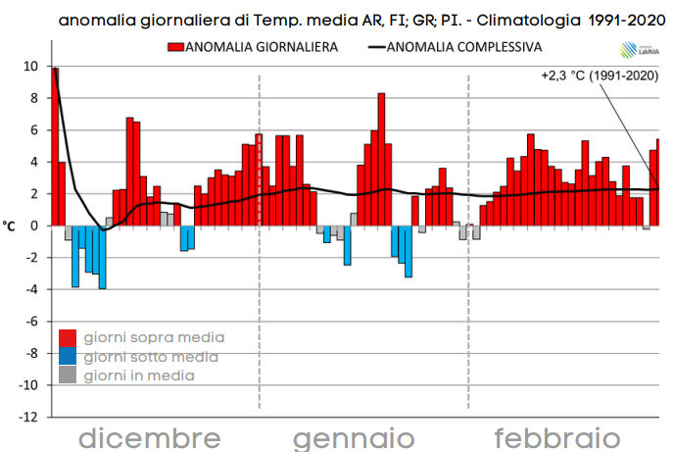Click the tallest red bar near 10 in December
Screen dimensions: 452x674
pyautogui.click(x=55, y=147)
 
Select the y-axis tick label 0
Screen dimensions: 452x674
pyautogui.click(x=33, y=226)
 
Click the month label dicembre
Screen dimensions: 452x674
pyautogui.click(x=149, y=436)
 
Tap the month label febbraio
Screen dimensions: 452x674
pyautogui.click(x=556, y=436)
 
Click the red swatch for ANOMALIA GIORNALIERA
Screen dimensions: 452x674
pyautogui.click(x=174, y=46)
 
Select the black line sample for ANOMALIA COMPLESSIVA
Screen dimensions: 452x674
pyautogui.click(x=377, y=46)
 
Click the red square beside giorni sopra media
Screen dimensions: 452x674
pyautogui.click(x=68, y=338)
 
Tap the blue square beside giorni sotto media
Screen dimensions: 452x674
pyautogui.click(x=68, y=357)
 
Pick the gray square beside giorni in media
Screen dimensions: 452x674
pyautogui.click(x=68, y=375)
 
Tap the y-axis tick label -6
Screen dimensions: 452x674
pyautogui.click(x=29, y=321)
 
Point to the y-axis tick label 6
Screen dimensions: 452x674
pyautogui.click(x=33, y=129)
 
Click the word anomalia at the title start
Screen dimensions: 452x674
pyautogui.click(x=96, y=20)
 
